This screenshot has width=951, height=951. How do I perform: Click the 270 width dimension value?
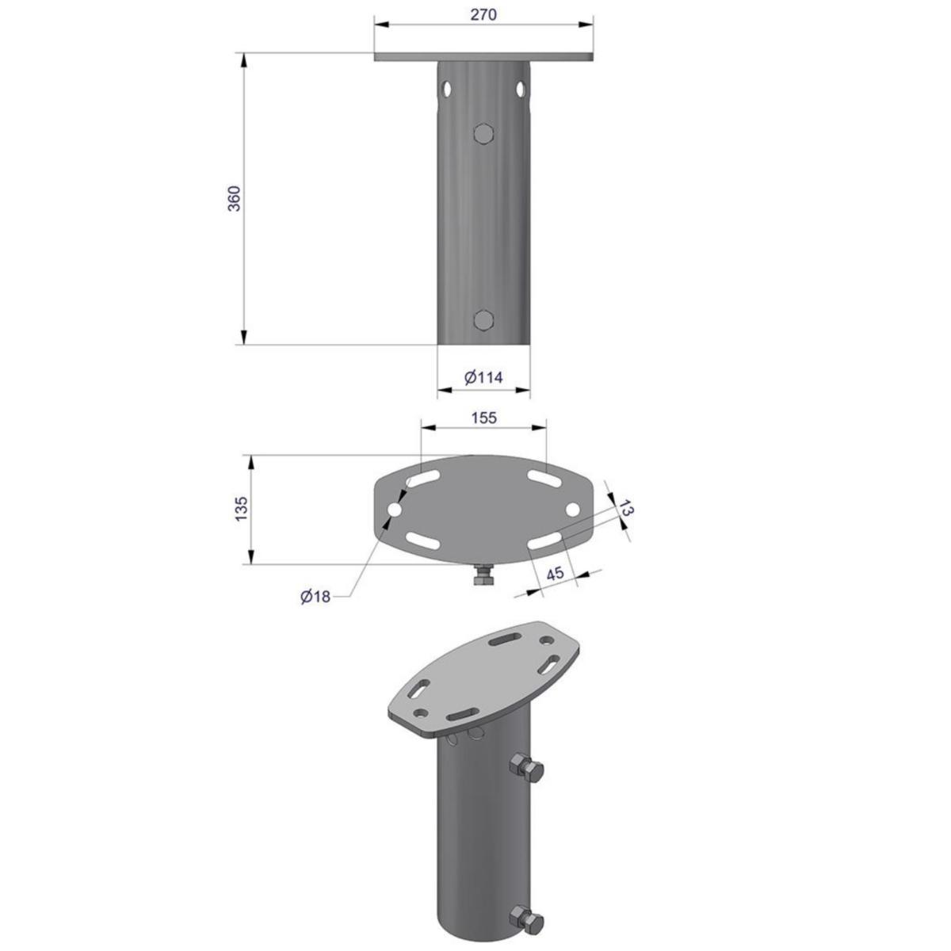pos(483,15)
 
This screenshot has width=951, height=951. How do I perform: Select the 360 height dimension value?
pos(234,199)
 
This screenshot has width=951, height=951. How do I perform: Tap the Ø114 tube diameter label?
pos(483,377)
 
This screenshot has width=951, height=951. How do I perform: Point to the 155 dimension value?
pos(483,418)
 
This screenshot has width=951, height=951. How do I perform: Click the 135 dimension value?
pos(241,510)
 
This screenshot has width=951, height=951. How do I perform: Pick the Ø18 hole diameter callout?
pos(315,597)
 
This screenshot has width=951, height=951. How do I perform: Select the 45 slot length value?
pos(556,574)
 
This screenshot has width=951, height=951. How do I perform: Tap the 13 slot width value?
pos(625,508)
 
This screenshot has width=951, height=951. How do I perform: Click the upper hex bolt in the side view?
pos(483,133)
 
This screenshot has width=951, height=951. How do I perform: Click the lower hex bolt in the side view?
pos(483,320)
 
